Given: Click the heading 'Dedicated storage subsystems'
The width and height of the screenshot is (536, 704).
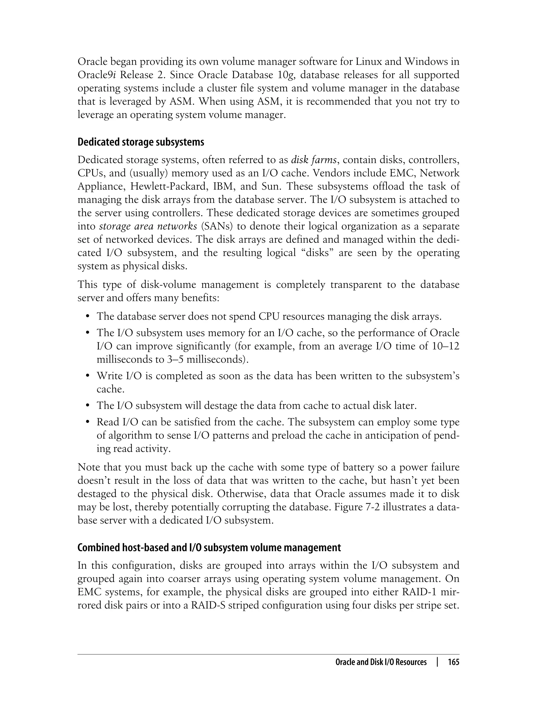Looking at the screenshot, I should (141, 142).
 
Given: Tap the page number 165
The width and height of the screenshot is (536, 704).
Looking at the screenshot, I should (453, 662).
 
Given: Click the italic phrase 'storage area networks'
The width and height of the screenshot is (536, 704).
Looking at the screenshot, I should (148, 226).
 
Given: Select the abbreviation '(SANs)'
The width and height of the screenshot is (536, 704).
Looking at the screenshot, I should (217, 226).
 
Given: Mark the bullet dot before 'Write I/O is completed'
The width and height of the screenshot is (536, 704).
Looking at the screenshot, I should (87, 376).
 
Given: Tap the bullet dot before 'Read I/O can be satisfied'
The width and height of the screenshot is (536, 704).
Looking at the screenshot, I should (87, 422).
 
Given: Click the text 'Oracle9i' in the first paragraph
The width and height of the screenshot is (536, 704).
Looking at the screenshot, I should (97, 75).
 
